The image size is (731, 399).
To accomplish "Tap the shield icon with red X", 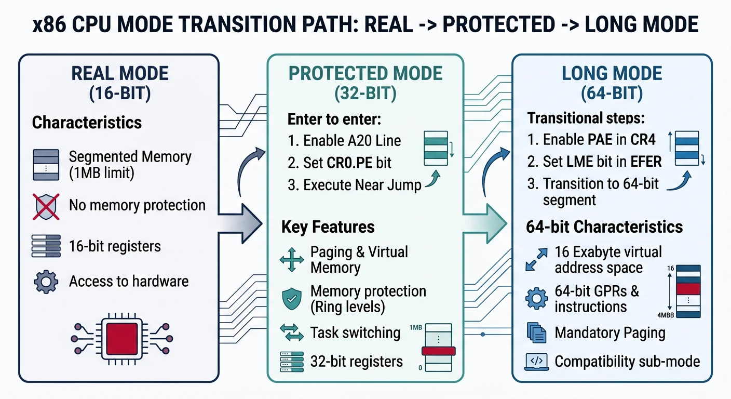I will click(45, 206).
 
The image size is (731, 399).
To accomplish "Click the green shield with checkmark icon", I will click(291, 299).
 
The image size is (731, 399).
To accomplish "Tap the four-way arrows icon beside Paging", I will click(292, 260).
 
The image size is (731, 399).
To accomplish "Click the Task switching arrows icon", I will click(291, 332).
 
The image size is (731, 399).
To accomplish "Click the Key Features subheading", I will click(328, 227).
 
